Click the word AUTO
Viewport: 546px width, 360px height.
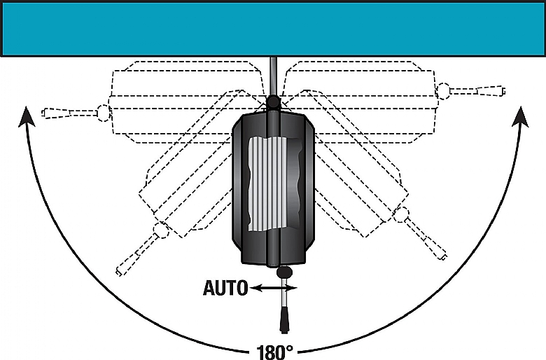[225, 288]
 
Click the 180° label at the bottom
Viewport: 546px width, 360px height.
[274, 352]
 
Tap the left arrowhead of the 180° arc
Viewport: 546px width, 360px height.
[26, 117]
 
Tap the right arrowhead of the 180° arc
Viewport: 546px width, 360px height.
[521, 117]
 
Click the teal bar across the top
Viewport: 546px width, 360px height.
[273, 29]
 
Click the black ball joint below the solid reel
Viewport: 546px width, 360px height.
[285, 272]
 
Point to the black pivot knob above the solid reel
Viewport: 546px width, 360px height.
[273, 102]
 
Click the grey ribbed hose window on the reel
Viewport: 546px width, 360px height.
[274, 184]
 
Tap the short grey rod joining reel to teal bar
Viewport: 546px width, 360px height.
[273, 76]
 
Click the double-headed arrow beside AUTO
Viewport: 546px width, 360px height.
[274, 288]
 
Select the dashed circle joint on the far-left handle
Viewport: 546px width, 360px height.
[104, 113]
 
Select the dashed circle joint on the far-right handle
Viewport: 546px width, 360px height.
[443, 91]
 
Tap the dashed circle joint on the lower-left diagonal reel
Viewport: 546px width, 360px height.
[161, 230]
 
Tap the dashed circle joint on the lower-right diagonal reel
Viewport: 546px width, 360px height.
[401, 215]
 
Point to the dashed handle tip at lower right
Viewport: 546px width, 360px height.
[444, 256]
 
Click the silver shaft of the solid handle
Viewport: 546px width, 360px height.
[284, 291]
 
